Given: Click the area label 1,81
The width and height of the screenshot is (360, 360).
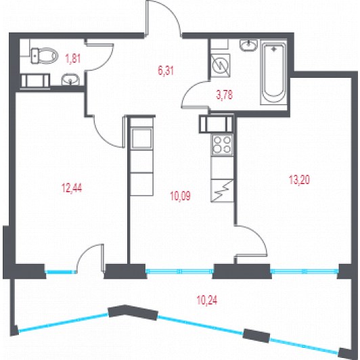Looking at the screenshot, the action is point(73,59).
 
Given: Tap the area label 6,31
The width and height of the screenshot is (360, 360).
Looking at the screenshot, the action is point(166,70).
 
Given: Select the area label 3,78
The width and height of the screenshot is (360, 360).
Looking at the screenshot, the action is point(225,95).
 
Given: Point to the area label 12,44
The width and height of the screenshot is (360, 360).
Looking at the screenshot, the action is point(72,188).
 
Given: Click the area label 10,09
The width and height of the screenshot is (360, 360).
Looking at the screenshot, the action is point(181,196).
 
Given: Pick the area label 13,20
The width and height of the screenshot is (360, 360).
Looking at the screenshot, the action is point(299,179).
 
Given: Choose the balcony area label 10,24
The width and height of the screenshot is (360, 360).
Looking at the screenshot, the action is point(207,300).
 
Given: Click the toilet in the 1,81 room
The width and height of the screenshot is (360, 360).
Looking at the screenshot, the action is point(44,55).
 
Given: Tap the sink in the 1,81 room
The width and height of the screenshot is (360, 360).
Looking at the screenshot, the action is point(70,79).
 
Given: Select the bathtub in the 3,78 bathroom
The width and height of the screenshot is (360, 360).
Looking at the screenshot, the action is point(273,72).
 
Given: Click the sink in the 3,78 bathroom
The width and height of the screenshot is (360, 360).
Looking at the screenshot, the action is point(248,45).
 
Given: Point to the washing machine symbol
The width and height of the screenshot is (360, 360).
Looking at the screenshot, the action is point(221,66).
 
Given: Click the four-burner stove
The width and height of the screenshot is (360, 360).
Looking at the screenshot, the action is point(222,145).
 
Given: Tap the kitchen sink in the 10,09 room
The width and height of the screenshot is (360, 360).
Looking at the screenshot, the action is point(141,138).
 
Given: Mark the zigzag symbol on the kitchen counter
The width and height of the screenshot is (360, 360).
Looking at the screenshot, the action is point(222,191).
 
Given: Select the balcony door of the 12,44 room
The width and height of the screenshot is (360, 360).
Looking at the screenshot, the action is point(90,258).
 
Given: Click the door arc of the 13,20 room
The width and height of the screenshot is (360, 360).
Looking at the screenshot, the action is point(252,240).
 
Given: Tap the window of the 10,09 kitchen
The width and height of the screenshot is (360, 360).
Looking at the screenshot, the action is point(180,271).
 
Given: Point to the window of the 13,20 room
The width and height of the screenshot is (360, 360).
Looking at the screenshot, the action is point(305,271).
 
